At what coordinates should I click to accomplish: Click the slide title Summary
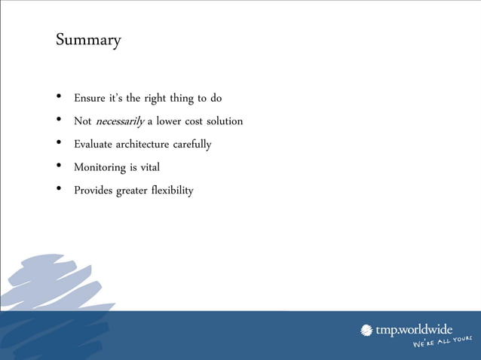point(88,39)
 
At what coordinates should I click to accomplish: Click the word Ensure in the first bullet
point(90,98)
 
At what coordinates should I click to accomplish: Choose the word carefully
point(192,144)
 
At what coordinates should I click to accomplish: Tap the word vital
point(150,167)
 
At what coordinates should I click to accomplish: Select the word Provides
point(93,190)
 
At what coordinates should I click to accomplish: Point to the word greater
point(131,191)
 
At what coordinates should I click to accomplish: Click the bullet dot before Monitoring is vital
point(59,166)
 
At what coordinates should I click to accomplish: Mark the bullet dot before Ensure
point(59,97)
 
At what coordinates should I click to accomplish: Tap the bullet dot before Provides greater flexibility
point(59,189)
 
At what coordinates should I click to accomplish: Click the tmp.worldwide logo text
point(415,330)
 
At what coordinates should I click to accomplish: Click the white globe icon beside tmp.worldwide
point(367,330)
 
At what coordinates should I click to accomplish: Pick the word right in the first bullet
point(154,99)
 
